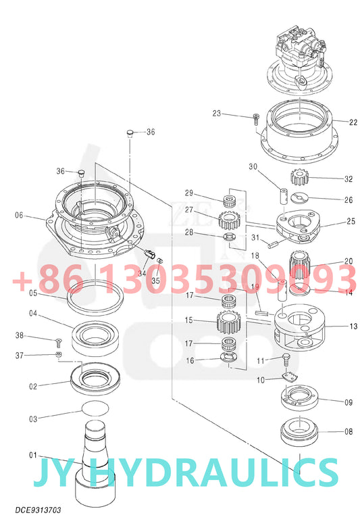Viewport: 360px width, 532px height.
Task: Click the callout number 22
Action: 353,122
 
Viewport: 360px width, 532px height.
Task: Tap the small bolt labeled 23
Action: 256,119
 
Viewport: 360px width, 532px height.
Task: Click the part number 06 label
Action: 18,216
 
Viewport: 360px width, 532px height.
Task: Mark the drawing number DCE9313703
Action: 38,510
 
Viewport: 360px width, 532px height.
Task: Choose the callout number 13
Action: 353,326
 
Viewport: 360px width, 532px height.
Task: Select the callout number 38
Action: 20,335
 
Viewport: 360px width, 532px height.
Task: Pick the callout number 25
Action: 351,221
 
